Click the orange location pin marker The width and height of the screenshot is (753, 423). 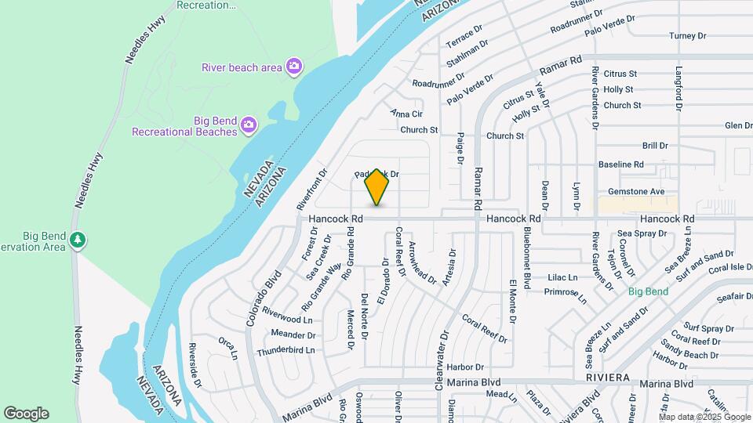377,186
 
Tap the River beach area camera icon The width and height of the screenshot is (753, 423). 294,67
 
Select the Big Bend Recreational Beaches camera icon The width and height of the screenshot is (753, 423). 249,125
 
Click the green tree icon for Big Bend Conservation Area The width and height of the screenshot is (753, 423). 77,240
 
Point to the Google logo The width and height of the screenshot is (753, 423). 26,414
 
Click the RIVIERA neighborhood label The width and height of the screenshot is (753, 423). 608,377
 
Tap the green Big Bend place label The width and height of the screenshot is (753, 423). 648,291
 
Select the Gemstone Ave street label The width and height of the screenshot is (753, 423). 636,191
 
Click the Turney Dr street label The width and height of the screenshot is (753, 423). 688,36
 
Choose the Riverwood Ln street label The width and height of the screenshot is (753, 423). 287,320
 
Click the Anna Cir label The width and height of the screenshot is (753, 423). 406,114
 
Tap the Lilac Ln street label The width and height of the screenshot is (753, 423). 562,277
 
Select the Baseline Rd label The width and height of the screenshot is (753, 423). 620,164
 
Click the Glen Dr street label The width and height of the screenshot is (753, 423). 738,125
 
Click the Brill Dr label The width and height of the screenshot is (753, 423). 654,146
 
